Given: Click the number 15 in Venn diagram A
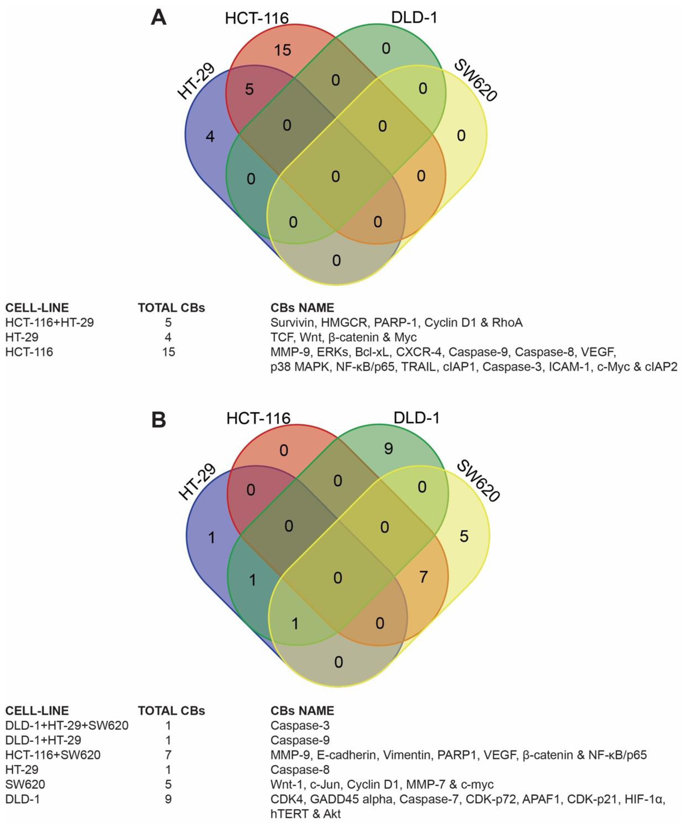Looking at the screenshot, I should coord(283,50).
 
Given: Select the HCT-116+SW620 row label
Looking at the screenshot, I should coord(53,755).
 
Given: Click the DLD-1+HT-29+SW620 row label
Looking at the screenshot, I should coord(67,725).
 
